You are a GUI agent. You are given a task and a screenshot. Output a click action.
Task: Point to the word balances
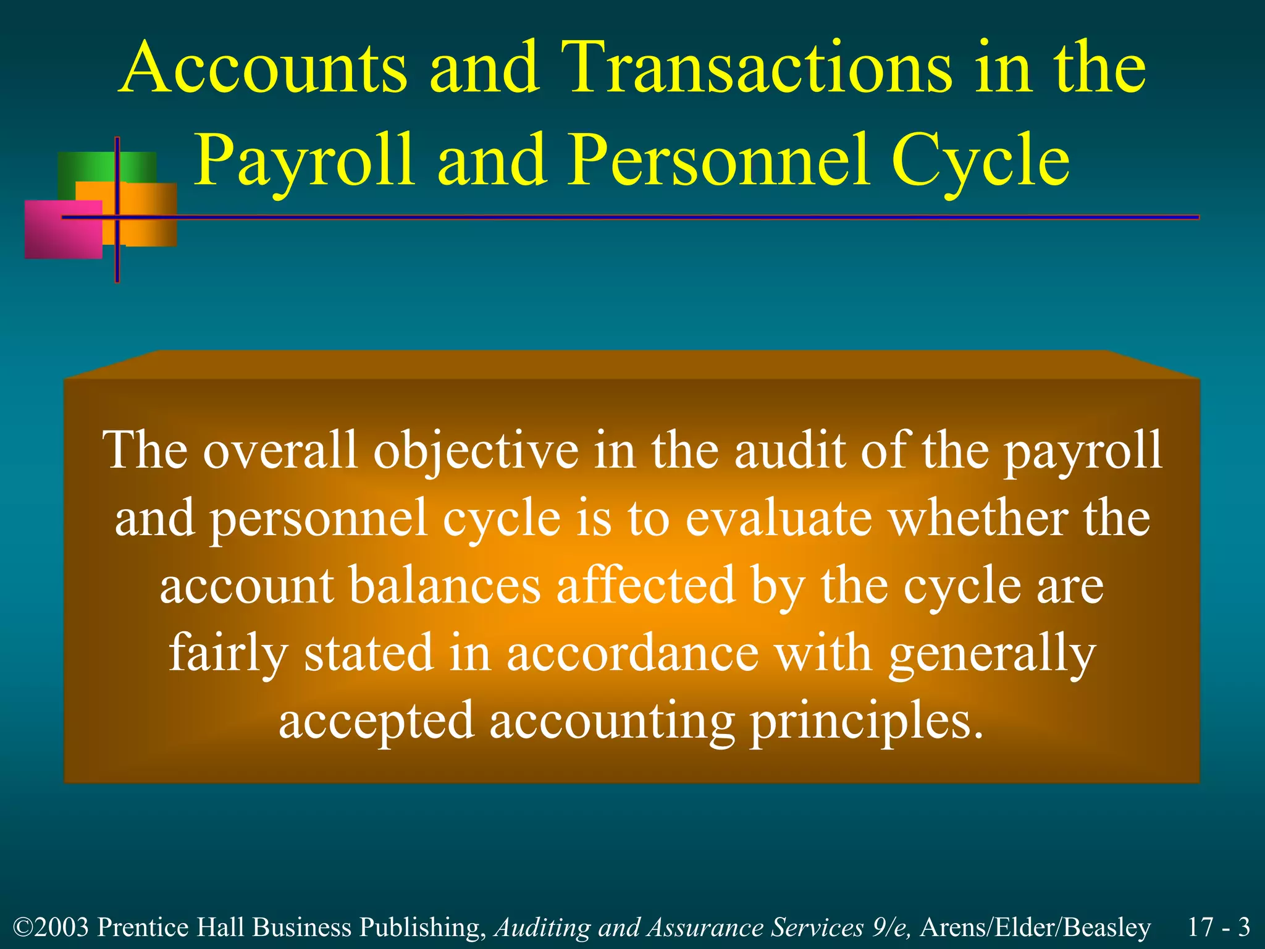click(x=445, y=585)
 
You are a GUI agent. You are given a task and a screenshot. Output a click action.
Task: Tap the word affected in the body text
click(x=645, y=585)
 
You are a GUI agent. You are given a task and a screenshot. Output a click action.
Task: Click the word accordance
click(x=632, y=653)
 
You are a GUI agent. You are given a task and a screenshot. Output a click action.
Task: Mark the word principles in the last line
click(x=865, y=722)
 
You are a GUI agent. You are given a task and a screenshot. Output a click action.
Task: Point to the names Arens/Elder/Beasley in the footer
click(x=1035, y=927)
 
